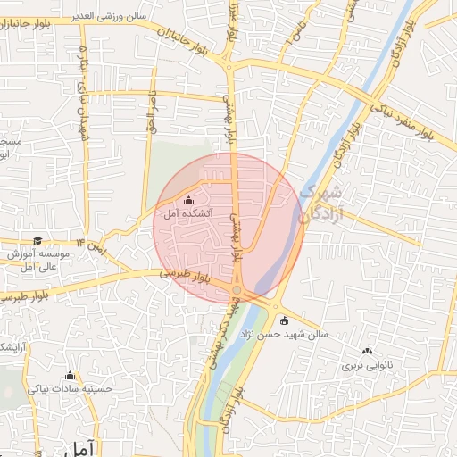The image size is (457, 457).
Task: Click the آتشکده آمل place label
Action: [x=188, y=215]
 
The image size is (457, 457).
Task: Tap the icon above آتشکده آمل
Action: [x=187, y=201]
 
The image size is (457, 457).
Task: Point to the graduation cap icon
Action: [x=37, y=240]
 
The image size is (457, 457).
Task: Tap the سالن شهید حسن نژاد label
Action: [x=283, y=336]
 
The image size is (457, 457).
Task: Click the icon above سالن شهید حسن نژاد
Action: [x=285, y=321]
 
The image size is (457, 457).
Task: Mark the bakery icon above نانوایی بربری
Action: [x=367, y=352]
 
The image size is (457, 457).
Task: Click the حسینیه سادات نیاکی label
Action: [x=69, y=388]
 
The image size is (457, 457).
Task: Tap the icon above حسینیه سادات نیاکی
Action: [x=71, y=375]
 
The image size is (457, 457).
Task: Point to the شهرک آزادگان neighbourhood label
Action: [x=317, y=204]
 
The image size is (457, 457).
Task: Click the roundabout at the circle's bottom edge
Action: [x=240, y=292]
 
